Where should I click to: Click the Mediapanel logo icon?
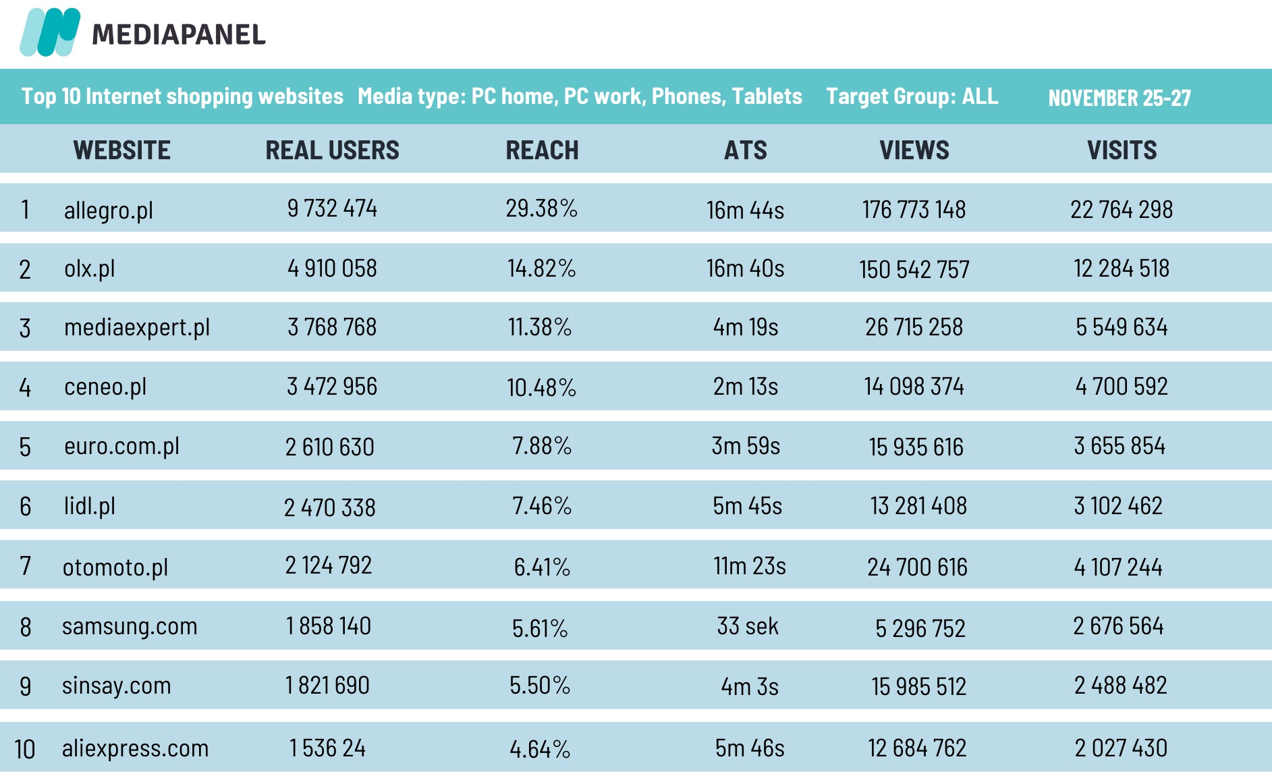click(x=50, y=32)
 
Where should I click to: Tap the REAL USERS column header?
click(x=332, y=150)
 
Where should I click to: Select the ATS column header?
click(x=746, y=150)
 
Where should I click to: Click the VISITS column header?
click(x=1122, y=150)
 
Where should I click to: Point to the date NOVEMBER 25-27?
click(x=1119, y=99)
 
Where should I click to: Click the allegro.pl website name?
click(x=108, y=210)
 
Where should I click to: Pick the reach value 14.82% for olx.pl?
click(x=541, y=269)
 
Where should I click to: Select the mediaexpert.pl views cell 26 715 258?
click(x=914, y=327)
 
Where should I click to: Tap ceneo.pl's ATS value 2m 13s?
click(x=746, y=387)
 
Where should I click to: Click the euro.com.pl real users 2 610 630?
click(x=329, y=447)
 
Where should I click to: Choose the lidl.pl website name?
click(x=89, y=506)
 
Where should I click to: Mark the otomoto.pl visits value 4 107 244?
click(x=1118, y=567)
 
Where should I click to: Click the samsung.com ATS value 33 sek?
click(x=748, y=626)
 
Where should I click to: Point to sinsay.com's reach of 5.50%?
click(x=540, y=686)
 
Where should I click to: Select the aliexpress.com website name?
click(x=135, y=748)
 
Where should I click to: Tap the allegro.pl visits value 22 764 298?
click(x=1122, y=210)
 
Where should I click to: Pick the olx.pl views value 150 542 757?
click(x=914, y=270)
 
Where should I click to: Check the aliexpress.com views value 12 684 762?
click(x=917, y=748)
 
